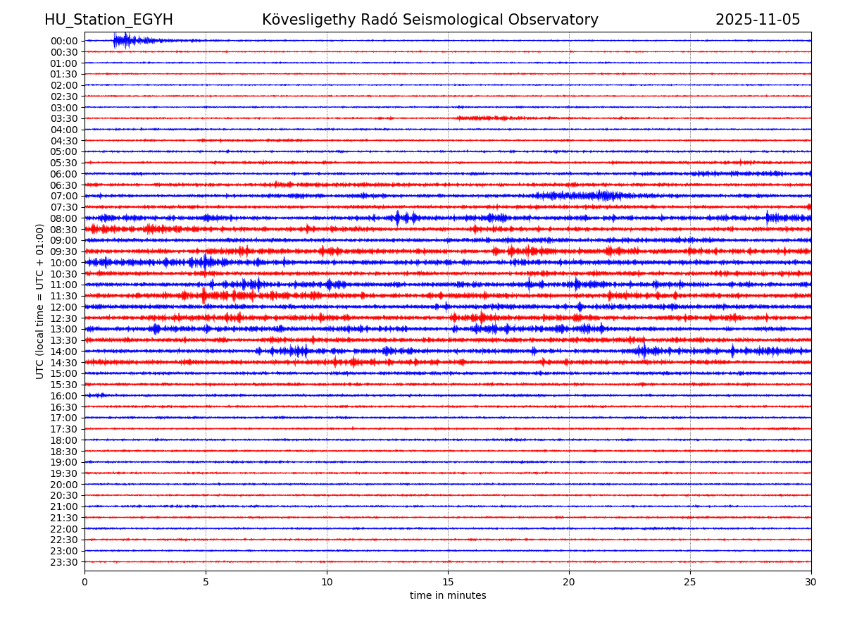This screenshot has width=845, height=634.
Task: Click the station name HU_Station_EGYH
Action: coord(108,20)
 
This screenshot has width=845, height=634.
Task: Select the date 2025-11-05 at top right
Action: coord(758,20)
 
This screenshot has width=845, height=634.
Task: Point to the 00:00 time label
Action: coord(64,41)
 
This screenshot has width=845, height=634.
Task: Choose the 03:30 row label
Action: coord(64,118)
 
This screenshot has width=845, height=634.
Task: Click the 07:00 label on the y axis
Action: coord(64,196)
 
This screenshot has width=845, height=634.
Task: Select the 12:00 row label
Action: coord(64,307)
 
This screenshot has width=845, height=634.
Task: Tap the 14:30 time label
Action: coord(64,363)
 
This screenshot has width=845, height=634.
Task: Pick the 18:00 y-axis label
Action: coord(64,440)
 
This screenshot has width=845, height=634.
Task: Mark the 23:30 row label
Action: coord(64,562)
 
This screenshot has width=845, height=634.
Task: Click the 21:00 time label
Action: coord(64,506)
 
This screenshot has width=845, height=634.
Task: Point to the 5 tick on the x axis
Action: coord(206,582)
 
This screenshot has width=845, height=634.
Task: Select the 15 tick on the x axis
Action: coord(448,582)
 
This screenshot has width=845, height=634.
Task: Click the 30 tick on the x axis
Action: coord(811,582)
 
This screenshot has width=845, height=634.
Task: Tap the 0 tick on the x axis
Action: coord(84,582)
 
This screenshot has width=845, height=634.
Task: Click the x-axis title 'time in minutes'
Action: coord(448,596)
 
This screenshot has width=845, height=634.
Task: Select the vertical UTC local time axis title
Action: coord(40,302)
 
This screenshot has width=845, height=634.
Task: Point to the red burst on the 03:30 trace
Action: coord(482,118)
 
